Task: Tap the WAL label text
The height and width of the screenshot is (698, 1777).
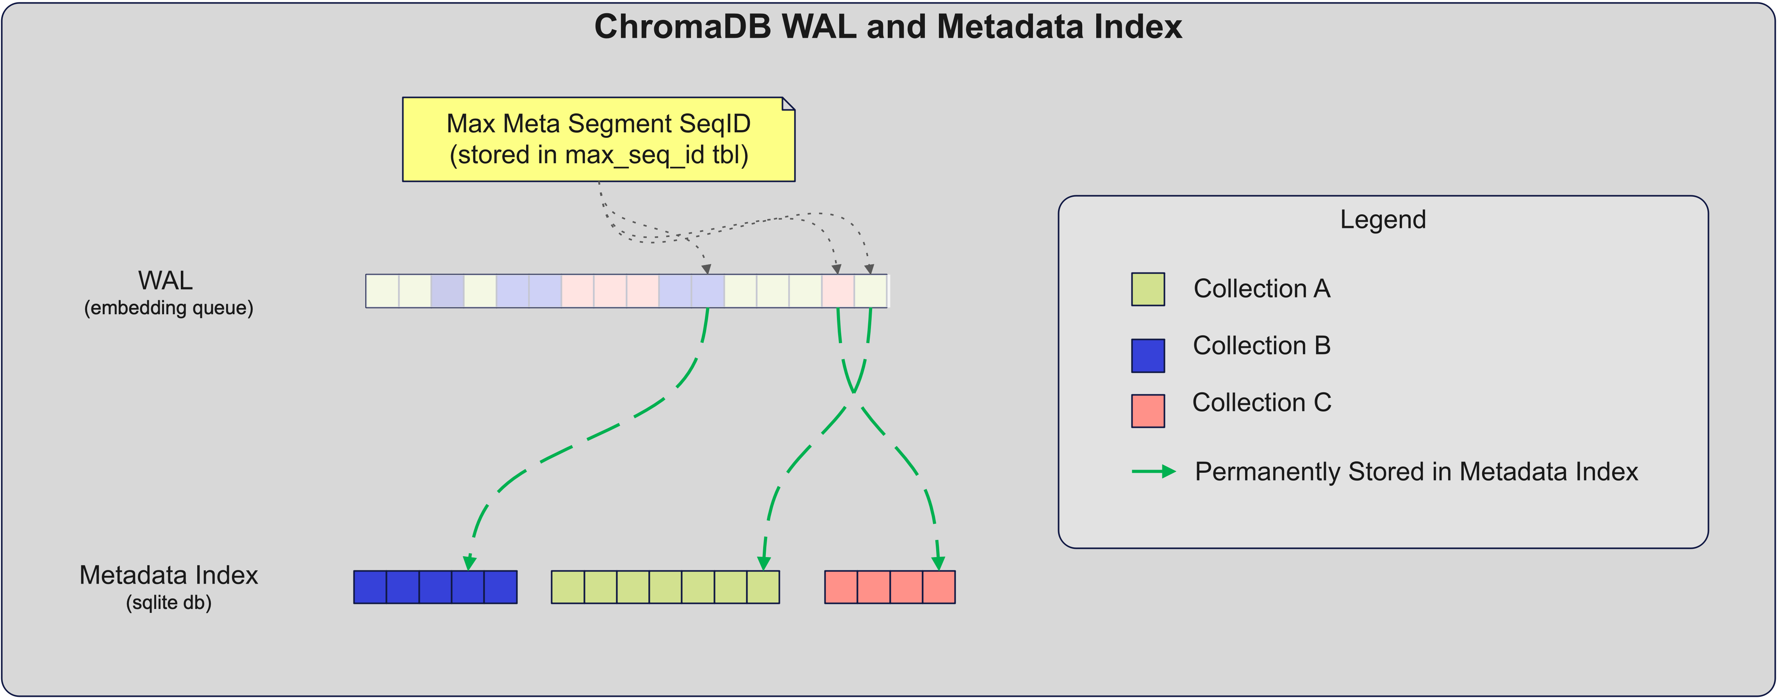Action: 166,281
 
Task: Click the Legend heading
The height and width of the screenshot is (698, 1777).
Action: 1383,219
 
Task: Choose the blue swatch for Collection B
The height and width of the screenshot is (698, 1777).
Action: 1148,356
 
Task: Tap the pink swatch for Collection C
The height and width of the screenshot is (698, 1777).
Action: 1148,411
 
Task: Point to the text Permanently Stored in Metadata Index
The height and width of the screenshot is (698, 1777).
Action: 1416,472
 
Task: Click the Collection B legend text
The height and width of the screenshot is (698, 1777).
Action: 1262,345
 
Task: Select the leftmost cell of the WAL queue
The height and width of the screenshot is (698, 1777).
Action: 382,291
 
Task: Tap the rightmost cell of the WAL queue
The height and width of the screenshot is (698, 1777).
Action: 871,291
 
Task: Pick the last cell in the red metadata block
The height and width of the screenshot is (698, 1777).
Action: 939,588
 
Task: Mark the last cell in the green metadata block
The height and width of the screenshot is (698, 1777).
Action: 763,588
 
